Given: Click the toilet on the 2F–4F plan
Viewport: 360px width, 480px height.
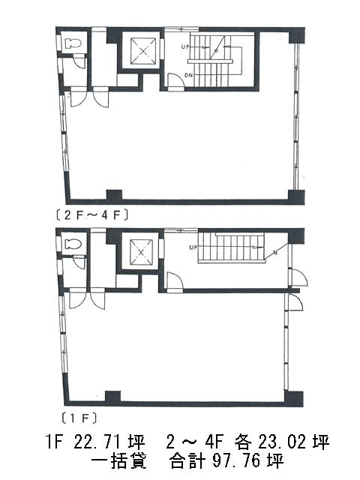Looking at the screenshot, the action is pos(73,43).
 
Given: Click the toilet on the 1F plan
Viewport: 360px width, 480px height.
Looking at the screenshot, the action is pos(73,244).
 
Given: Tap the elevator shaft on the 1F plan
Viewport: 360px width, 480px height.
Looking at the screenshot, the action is pos(141,252).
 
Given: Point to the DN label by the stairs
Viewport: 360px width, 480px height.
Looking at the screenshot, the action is pos(188,75).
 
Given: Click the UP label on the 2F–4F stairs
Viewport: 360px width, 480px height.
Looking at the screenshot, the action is pos(185,47).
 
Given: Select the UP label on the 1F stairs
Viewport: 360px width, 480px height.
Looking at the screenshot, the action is pos(193,247).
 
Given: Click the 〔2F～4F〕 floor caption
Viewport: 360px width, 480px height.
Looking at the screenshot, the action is pos(91,215).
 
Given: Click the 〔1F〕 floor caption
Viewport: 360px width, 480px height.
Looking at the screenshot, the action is pos(79,418).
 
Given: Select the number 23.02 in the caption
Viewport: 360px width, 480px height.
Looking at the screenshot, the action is pos(282,442).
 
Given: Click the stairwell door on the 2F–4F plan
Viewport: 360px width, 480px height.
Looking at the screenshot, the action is pos(175,82).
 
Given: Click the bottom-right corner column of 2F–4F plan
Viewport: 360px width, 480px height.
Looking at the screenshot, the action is pos(296,197).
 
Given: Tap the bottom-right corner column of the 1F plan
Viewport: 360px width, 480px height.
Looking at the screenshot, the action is pos(294,398).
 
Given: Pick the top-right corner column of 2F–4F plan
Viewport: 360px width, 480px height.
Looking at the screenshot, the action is pos(297,35).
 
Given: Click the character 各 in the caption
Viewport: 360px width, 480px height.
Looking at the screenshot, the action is pos(243,442).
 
